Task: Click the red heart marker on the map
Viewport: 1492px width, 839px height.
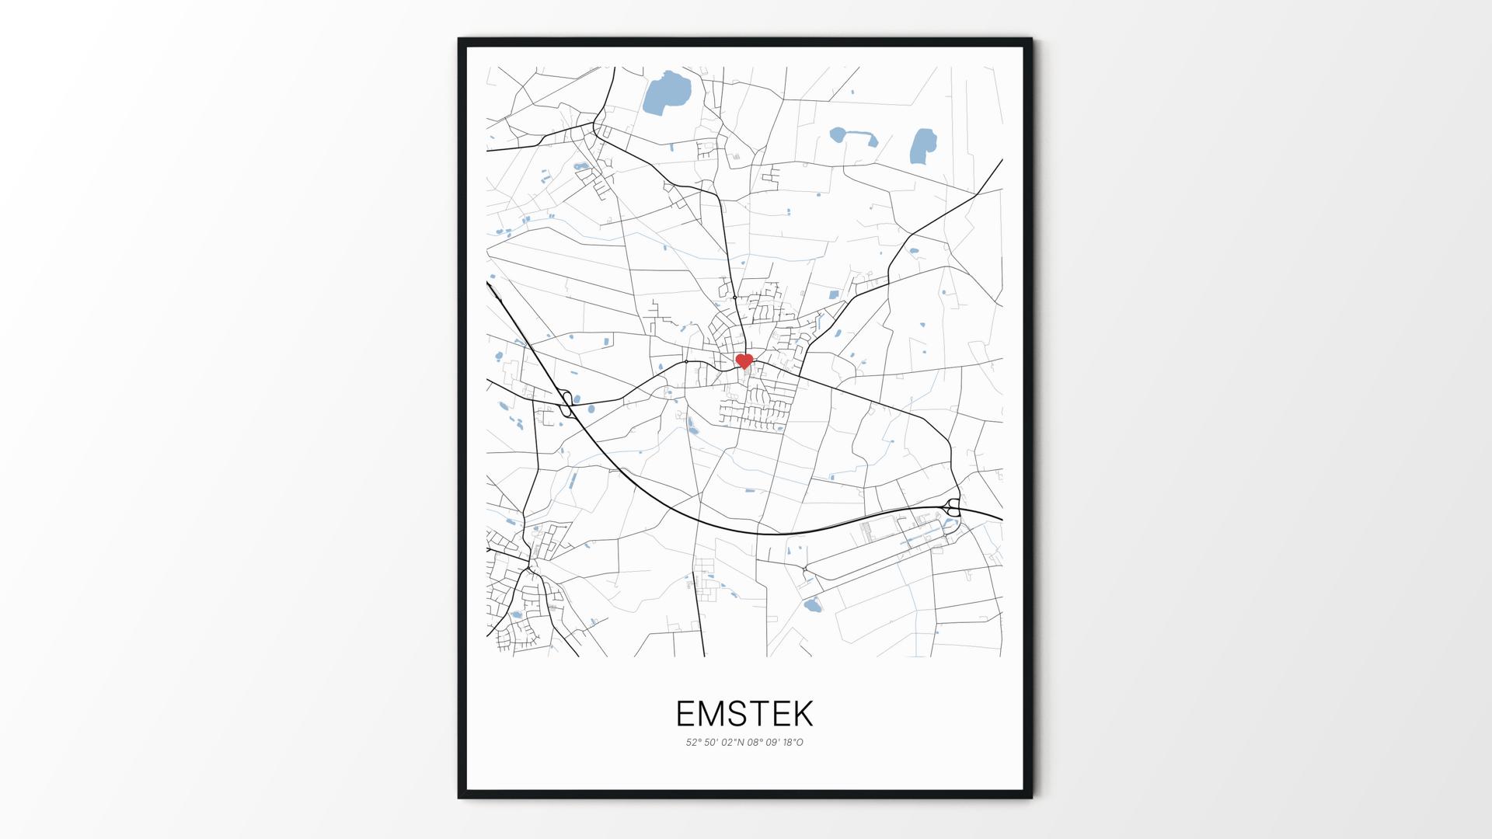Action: [x=744, y=361]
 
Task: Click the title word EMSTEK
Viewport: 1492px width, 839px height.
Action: [x=744, y=713]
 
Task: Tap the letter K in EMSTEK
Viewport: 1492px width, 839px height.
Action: [x=802, y=713]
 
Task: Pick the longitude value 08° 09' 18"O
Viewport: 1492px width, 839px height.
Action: [x=776, y=743]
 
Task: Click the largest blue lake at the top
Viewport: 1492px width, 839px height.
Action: [x=666, y=92]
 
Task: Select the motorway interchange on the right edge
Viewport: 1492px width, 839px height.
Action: [x=953, y=509]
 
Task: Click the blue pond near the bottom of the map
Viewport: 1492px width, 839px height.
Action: [x=812, y=605]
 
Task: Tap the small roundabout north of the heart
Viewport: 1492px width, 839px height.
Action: [x=734, y=297]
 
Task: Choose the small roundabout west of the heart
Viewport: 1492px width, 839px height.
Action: [x=686, y=362]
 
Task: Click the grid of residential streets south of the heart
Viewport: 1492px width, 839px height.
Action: [x=754, y=409]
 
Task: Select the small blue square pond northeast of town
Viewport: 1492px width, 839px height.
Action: [x=834, y=294]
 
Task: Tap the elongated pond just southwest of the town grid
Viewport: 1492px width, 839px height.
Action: [x=691, y=424]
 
